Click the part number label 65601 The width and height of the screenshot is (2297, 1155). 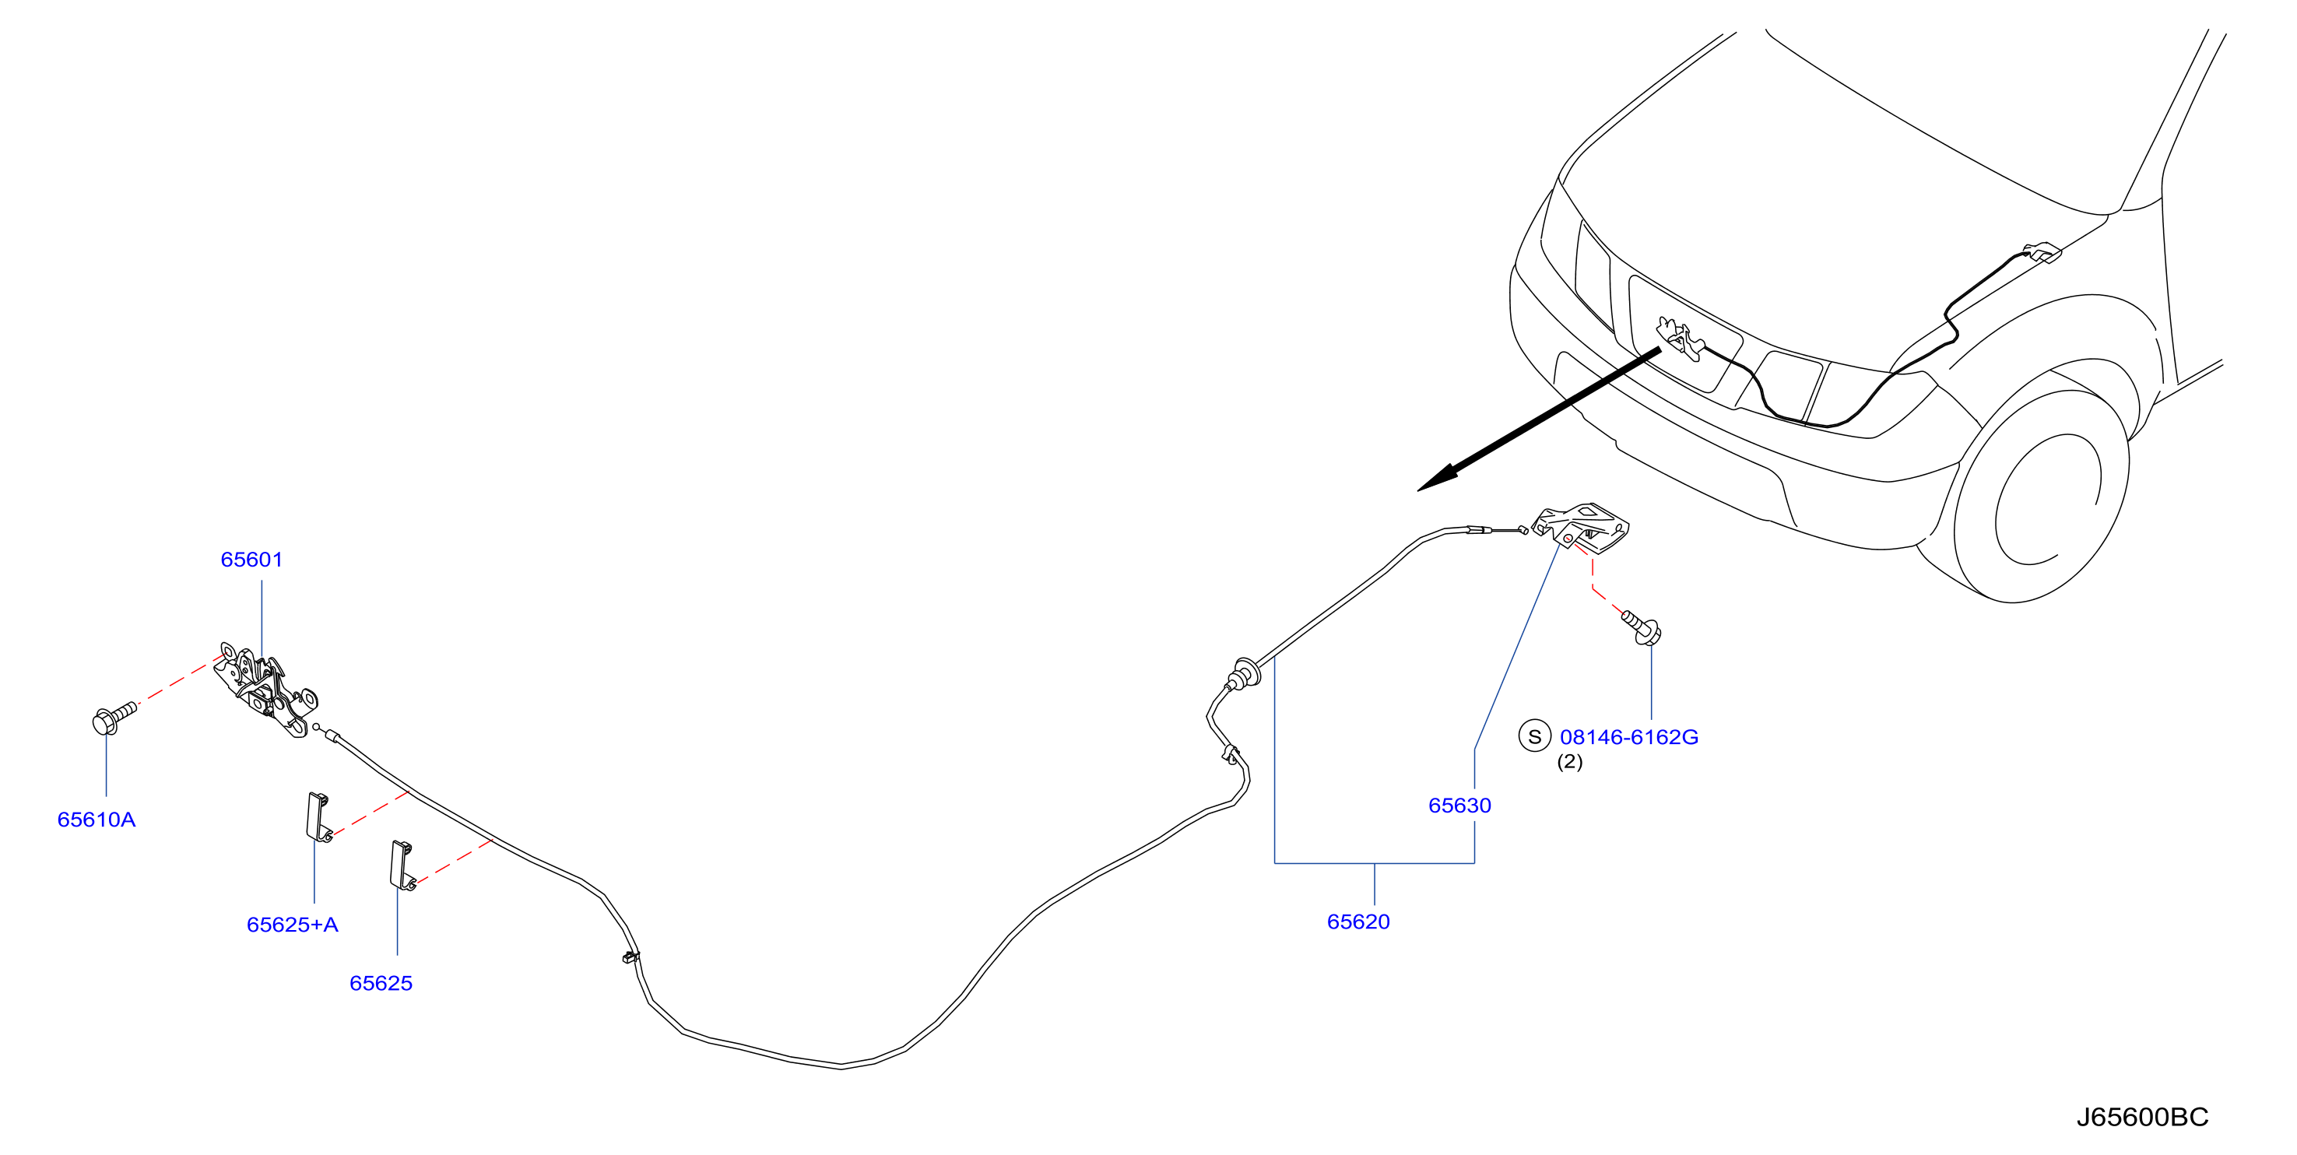point(251,560)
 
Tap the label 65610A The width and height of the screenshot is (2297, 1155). point(97,820)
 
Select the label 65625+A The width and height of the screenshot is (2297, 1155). point(293,925)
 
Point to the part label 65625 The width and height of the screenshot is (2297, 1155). point(381,983)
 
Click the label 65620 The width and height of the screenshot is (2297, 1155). point(1358,922)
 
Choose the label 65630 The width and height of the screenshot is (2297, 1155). point(1459,806)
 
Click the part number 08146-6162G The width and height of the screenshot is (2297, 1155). point(1629,737)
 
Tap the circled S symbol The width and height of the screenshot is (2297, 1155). point(1535,737)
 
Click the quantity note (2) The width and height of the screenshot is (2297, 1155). point(1569,762)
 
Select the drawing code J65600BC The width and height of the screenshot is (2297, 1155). point(2142,1117)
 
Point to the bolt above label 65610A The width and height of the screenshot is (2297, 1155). point(115,717)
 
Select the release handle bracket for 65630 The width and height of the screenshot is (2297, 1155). point(1581,525)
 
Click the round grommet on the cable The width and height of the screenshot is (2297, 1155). point(1244,673)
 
